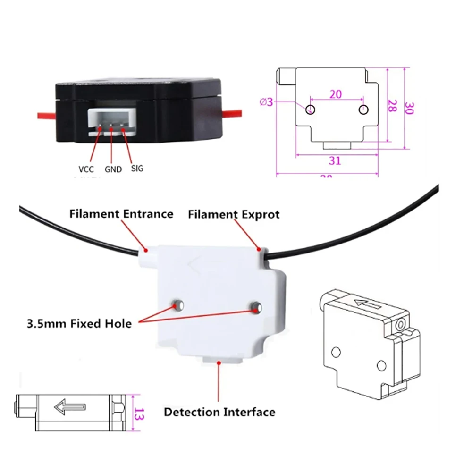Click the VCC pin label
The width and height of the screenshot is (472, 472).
tap(86, 169)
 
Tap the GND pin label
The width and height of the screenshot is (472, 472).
tap(113, 169)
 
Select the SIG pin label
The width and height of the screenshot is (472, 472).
tap(137, 168)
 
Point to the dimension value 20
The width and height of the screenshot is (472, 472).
tap(336, 94)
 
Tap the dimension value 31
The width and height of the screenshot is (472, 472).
tap(335, 160)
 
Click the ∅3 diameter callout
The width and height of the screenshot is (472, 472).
tap(266, 101)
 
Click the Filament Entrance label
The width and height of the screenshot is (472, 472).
tap(121, 214)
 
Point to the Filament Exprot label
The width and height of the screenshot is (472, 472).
tap(234, 214)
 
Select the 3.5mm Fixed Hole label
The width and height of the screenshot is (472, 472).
tap(78, 324)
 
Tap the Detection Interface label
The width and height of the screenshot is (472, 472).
tap(219, 412)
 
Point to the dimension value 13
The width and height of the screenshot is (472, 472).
tap(138, 412)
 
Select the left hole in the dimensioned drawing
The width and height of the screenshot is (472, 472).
tap(310, 110)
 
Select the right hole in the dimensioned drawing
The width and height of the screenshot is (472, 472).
tap(363, 110)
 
